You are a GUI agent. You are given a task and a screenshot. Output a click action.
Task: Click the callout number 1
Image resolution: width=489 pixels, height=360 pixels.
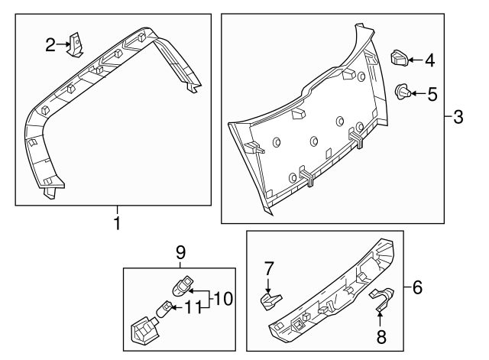pos(117,223)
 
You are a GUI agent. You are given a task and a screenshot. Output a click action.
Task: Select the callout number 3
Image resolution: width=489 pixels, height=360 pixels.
pos(458,117)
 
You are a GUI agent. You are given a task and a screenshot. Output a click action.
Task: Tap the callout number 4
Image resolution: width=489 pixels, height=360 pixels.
pos(430,59)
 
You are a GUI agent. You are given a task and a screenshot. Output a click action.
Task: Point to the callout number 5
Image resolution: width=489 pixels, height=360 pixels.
pos(432,95)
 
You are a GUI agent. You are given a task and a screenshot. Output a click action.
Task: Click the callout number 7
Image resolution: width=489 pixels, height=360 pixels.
pos(269,268)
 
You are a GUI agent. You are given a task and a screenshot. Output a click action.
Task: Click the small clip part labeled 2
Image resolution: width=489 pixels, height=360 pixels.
pos(76,44)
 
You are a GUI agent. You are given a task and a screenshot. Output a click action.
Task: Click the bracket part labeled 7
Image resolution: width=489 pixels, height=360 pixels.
pos(269,300)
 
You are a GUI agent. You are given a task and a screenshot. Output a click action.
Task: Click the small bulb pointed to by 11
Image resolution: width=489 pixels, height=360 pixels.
pos(164,310)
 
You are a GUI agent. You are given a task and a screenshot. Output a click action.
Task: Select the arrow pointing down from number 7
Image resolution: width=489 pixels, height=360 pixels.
pos(269,283)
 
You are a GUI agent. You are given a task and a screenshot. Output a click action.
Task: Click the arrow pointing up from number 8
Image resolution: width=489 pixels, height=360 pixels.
pos(381,316)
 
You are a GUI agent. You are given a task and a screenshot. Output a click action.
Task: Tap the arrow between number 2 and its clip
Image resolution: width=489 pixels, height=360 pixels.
pos(63,46)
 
